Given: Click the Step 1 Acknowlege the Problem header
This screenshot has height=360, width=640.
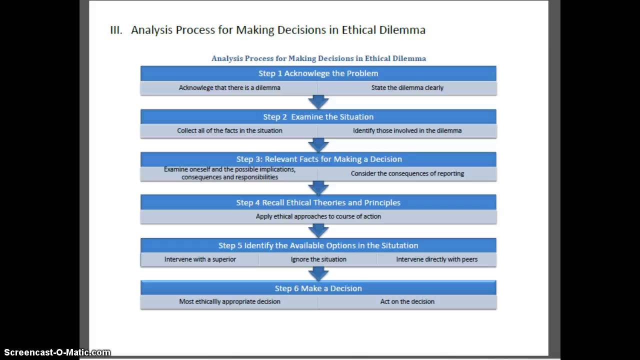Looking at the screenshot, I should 318,73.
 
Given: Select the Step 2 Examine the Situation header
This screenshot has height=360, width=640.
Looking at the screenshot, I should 318,117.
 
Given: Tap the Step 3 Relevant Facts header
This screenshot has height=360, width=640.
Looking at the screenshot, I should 318,159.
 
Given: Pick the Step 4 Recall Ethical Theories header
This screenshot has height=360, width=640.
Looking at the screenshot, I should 318,202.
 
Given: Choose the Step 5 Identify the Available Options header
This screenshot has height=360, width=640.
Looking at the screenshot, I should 318,245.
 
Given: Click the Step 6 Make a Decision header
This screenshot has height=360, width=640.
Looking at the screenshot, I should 318,288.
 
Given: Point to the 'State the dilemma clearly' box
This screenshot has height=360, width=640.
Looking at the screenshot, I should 407,88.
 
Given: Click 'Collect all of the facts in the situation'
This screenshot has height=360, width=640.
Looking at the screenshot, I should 229,131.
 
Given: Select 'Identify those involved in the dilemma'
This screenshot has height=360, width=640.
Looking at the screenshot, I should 407,131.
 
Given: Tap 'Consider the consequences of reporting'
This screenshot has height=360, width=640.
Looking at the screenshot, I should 407,174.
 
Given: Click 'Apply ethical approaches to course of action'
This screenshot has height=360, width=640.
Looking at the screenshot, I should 318,216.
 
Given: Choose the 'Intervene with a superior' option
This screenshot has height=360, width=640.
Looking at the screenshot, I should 200,259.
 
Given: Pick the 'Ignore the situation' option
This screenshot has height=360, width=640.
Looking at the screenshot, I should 318,259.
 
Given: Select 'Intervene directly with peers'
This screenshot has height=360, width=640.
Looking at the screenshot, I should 436,259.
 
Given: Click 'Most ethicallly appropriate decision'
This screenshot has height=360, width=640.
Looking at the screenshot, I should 229,302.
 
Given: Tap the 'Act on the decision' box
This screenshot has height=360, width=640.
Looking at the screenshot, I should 407,302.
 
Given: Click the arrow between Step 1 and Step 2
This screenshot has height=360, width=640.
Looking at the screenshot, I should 318,102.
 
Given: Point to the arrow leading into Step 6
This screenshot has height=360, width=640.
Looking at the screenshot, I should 318,273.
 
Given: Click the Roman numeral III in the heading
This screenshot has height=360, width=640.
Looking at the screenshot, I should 116,30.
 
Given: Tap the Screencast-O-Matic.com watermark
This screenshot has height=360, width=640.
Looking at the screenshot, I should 55,352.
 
